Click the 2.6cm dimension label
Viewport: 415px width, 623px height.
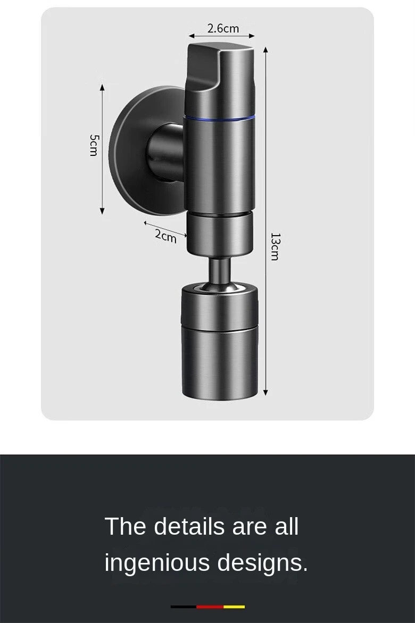pyautogui.click(x=223, y=28)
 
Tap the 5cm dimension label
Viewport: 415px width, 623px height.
pyautogui.click(x=94, y=145)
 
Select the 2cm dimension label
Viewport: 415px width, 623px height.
pyautogui.click(x=165, y=235)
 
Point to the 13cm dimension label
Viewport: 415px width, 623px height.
pyautogui.click(x=274, y=246)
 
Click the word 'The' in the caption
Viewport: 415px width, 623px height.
pyautogui.click(x=126, y=526)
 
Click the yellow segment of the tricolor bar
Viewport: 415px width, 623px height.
pyautogui.click(x=234, y=607)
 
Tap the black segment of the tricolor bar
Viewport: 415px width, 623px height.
pyautogui.click(x=183, y=607)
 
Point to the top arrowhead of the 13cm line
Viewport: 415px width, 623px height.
pyautogui.click(x=265, y=50)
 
